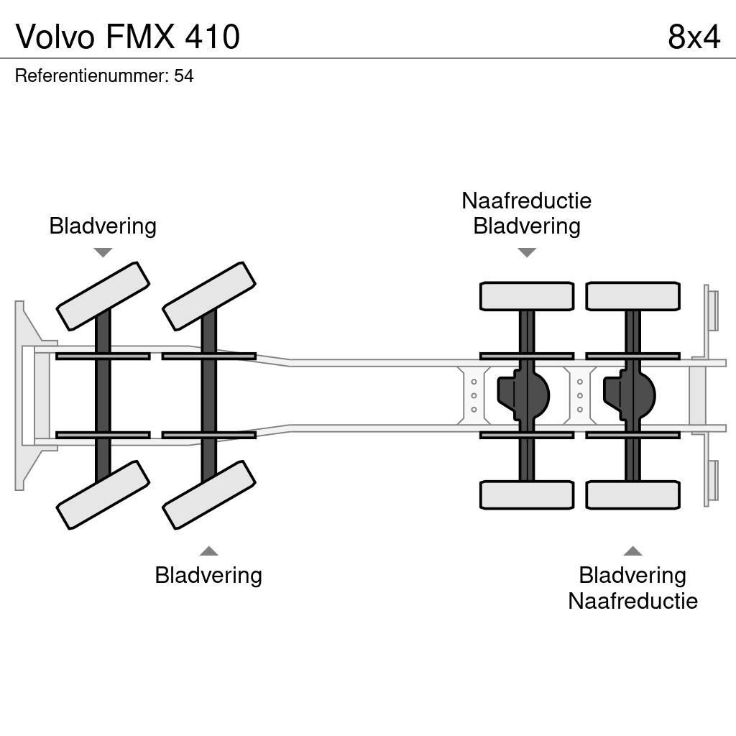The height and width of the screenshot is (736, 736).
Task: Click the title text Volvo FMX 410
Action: pyautogui.click(x=127, y=37)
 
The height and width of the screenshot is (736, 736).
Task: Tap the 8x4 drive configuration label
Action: pyautogui.click(x=693, y=37)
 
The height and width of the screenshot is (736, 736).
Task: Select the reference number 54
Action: pyautogui.click(x=184, y=75)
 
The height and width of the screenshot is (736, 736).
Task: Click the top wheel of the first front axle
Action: pyautogui.click(x=103, y=296)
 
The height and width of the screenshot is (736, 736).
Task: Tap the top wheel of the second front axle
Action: pyautogui.click(x=209, y=296)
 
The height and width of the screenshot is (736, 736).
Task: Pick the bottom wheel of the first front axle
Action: pyautogui.click(x=103, y=494)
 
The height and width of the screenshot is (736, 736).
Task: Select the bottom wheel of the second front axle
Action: pyautogui.click(x=209, y=494)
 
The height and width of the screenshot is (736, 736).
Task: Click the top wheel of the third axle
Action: pyautogui.click(x=527, y=296)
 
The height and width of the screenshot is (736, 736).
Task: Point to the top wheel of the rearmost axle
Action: pyautogui.click(x=632, y=296)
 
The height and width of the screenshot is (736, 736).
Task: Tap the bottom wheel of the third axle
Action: pyautogui.click(x=527, y=494)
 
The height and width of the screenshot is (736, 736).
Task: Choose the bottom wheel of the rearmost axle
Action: pyautogui.click(x=632, y=494)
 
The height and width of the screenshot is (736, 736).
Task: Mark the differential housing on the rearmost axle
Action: pyautogui.click(x=630, y=395)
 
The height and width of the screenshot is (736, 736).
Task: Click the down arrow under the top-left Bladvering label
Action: pyautogui.click(x=103, y=252)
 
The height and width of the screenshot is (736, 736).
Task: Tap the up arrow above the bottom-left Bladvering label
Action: pyautogui.click(x=209, y=551)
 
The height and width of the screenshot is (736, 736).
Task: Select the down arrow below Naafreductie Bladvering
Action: pyautogui.click(x=527, y=252)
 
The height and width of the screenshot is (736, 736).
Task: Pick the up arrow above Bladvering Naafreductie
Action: pyautogui.click(x=632, y=551)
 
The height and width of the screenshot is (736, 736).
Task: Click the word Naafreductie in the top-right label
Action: pyautogui.click(x=527, y=201)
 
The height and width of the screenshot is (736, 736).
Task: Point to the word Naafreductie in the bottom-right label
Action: pyautogui.click(x=632, y=601)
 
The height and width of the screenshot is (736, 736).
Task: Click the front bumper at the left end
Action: pyautogui.click(x=27, y=395)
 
